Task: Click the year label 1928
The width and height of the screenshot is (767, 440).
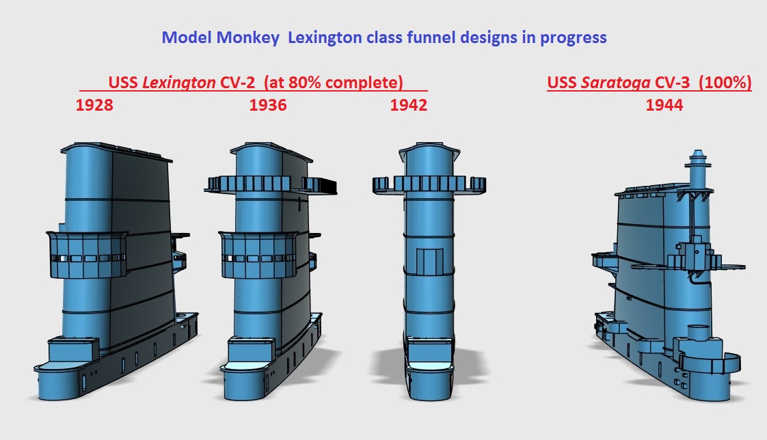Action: (x=94, y=105)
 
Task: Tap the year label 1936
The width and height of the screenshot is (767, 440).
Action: (x=268, y=105)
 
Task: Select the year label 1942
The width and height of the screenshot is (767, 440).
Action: (x=408, y=105)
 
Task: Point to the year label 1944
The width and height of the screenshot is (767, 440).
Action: (x=664, y=105)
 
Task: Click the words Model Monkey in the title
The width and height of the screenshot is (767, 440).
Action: (x=221, y=38)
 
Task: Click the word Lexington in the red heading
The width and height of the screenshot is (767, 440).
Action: (x=178, y=82)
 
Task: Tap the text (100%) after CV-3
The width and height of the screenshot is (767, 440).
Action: (x=725, y=83)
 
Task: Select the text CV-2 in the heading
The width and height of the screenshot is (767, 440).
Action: (x=237, y=82)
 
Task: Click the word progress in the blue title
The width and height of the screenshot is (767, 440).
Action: (x=574, y=38)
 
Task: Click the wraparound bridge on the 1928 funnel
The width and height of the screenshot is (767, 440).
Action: (x=87, y=255)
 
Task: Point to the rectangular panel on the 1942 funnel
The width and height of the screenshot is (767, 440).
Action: (x=429, y=261)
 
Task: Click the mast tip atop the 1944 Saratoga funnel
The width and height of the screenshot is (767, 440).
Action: (x=697, y=151)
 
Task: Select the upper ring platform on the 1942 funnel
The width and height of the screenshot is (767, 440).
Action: (x=429, y=184)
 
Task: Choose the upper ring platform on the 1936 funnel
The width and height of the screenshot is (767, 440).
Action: (x=270, y=184)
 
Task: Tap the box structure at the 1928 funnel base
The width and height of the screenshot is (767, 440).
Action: (x=73, y=349)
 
